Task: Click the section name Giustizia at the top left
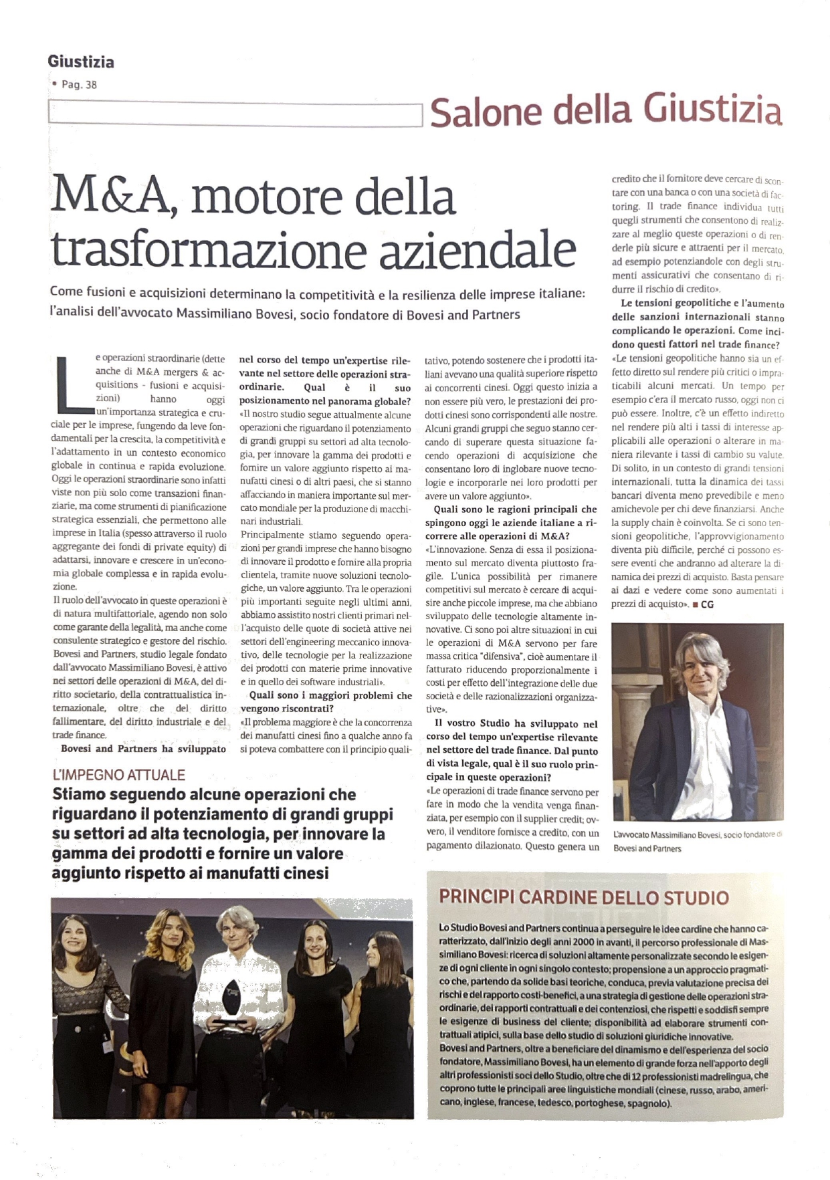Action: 80,62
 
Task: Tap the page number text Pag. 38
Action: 79,85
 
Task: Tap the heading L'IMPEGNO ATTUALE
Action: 119,775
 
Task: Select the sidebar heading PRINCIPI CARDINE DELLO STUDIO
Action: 583,897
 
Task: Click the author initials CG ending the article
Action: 707,604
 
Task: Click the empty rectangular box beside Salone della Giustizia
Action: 235,114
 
